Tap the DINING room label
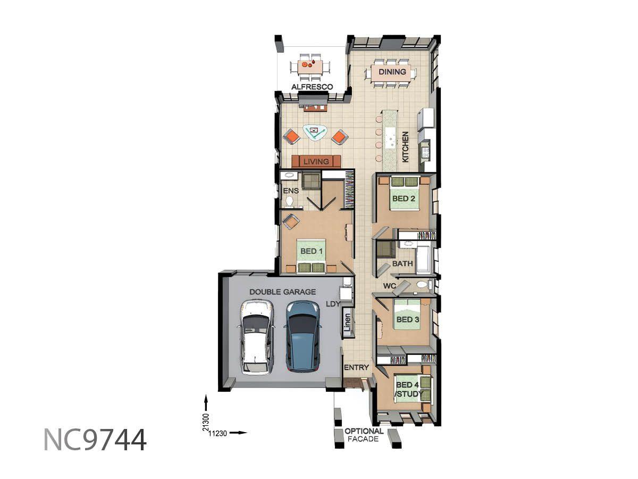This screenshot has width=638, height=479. [x=392, y=71]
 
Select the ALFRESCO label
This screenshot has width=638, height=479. [x=312, y=87]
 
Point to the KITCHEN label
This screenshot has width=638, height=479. [x=405, y=146]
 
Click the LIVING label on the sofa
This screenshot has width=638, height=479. [x=316, y=161]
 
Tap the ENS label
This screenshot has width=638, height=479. [x=291, y=191]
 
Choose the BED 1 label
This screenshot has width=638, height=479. [x=312, y=251]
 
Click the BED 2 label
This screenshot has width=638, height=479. [x=404, y=199]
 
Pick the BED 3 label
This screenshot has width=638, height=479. [x=407, y=319]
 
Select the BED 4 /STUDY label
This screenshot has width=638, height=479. [x=408, y=390]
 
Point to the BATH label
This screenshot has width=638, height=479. [x=402, y=263]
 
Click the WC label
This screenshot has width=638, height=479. [x=390, y=286]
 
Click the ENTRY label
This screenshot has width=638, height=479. [x=356, y=367]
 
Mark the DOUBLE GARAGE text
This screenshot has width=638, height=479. [x=282, y=292]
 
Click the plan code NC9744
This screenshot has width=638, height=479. [x=95, y=440]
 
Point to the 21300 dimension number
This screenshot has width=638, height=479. [x=206, y=422]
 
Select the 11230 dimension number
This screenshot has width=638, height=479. [x=217, y=433]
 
